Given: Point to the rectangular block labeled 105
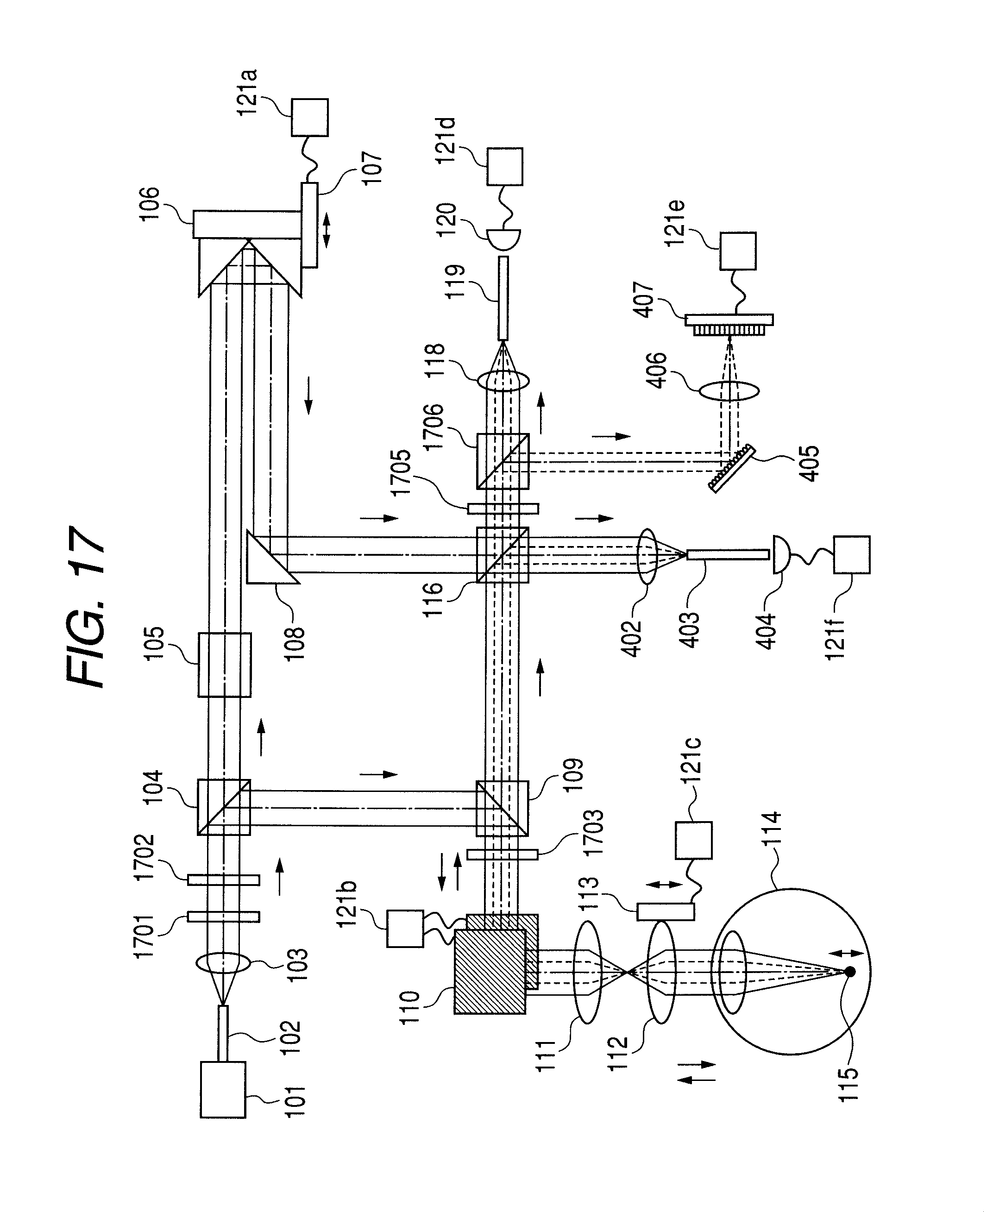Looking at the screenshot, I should pyautogui.click(x=224, y=665).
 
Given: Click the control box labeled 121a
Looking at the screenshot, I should pyautogui.click(x=309, y=117).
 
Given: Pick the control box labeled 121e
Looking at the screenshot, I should pyautogui.click(x=737, y=251).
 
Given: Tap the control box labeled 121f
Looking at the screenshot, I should pyautogui.click(x=852, y=554).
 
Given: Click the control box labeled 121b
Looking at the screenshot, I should pyautogui.click(x=405, y=928).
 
